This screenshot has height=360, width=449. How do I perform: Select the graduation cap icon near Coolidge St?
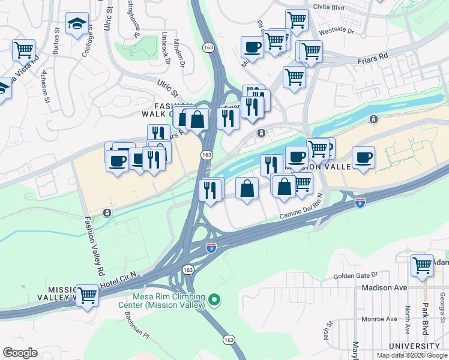coord(77,24)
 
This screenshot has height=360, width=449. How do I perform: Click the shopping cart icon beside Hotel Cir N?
coord(88,295)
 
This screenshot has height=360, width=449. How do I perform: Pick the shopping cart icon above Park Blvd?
coord(423,265)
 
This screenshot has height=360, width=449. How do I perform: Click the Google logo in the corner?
coord(20,353)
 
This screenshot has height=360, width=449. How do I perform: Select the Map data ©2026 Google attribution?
coord(412,355)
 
